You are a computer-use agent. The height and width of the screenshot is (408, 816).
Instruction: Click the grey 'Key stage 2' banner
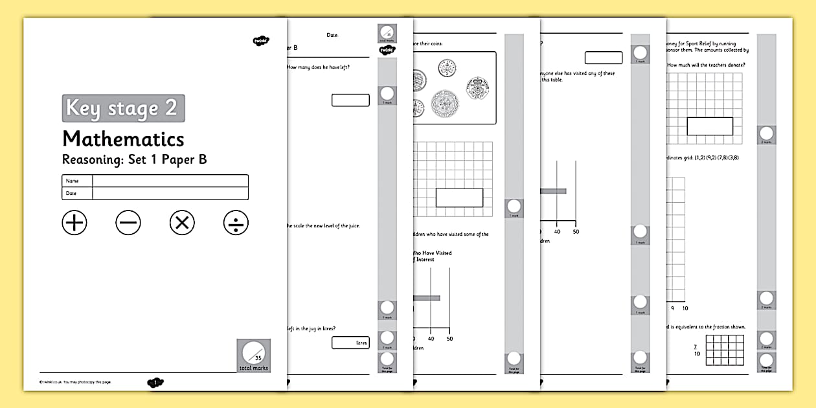123,108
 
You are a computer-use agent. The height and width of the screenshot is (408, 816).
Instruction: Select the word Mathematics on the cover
123,139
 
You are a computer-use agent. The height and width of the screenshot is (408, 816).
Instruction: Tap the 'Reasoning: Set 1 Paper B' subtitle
134,159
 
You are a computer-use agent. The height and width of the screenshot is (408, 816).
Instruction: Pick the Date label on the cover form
71,194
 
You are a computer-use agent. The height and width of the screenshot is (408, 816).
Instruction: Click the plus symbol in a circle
74,223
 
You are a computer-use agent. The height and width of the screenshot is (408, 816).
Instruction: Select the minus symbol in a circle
128,223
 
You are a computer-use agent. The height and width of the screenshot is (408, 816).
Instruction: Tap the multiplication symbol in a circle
182,223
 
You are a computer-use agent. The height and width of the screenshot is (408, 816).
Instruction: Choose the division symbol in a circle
236,223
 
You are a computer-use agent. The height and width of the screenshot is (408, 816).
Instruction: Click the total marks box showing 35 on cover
253,356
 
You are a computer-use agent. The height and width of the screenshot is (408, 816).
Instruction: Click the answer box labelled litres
350,343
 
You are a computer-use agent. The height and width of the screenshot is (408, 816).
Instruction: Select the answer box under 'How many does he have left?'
350,100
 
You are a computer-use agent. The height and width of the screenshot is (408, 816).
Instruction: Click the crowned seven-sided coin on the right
480,86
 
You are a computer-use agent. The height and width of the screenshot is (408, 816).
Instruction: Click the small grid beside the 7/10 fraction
724,350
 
